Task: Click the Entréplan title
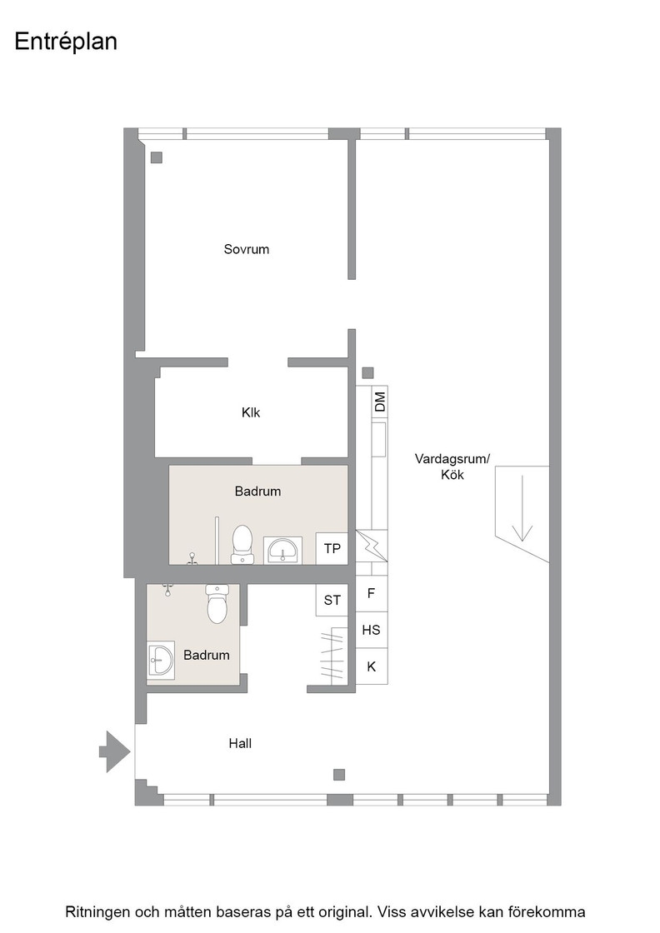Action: coord(66,42)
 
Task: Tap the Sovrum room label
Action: coord(247,249)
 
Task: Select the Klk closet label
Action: coord(251,412)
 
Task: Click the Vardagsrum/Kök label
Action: coord(452,466)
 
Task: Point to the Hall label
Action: coord(240,743)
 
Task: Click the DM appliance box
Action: coord(380,402)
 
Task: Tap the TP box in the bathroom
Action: coord(332,548)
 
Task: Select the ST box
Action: coord(332,600)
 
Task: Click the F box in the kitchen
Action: coord(372,593)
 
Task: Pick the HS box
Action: coord(372,630)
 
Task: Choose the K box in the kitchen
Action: coord(372,666)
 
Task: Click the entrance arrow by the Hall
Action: coord(115,751)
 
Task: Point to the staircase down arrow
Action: coord(522,508)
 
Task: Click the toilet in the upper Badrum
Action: coord(242,544)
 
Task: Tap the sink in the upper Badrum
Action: coord(284,551)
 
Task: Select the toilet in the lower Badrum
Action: coord(217,603)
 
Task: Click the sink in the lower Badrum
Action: coord(161,659)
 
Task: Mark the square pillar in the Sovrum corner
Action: coord(157,157)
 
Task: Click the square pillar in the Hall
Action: coord(338,774)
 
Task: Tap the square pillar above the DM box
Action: coord(367,373)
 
